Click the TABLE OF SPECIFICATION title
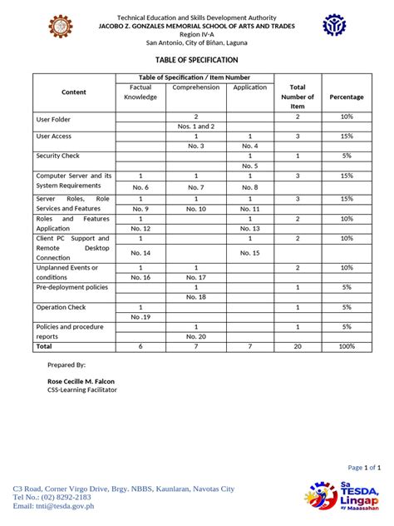196,60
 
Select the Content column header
73,92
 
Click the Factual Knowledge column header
140,92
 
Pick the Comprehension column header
195,87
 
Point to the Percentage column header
346,97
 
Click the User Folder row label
54,119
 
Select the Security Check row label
57,156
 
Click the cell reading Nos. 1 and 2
195,127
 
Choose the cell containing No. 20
195,336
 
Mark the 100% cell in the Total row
346,346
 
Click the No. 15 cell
249,252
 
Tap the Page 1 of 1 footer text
364,468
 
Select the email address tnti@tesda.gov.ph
65,505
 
